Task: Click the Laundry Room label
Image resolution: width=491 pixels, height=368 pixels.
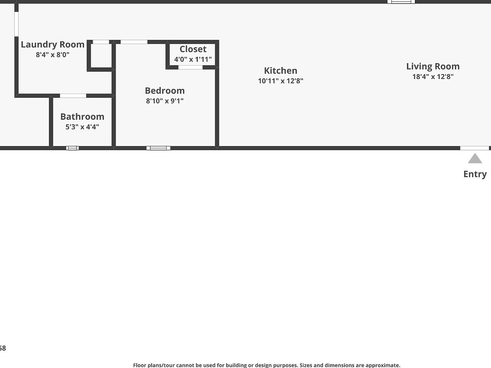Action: pyautogui.click(x=52, y=44)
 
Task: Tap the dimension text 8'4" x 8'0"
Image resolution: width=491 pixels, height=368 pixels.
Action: pyautogui.click(x=52, y=55)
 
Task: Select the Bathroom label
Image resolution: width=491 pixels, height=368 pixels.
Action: pyautogui.click(x=82, y=117)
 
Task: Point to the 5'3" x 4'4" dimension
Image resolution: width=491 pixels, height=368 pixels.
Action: pyautogui.click(x=82, y=127)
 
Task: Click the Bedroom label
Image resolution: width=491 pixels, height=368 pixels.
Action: pyautogui.click(x=165, y=91)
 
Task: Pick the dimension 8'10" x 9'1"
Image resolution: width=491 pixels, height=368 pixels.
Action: pyautogui.click(x=165, y=101)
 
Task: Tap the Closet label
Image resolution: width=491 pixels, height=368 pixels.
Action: pyautogui.click(x=193, y=49)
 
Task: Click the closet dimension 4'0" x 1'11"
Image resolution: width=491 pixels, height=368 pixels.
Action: pyautogui.click(x=193, y=59)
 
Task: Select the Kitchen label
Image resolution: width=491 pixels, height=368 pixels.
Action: pyautogui.click(x=280, y=71)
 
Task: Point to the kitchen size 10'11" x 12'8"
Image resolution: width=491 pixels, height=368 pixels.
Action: pyautogui.click(x=280, y=81)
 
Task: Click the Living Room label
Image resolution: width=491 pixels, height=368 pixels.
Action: pyautogui.click(x=433, y=66)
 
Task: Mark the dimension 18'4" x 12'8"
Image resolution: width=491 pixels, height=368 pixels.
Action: pyautogui.click(x=433, y=77)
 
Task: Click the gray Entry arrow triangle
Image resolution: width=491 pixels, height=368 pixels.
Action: pyautogui.click(x=475, y=159)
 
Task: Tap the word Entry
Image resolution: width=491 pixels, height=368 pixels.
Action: pyautogui.click(x=475, y=174)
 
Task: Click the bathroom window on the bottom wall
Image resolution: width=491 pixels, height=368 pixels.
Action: pyautogui.click(x=72, y=148)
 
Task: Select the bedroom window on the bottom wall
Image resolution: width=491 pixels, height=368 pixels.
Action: pyautogui.click(x=158, y=148)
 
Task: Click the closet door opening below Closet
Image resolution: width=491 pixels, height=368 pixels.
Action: pyautogui.click(x=190, y=67)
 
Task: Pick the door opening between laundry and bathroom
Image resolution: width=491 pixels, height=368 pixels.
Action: pyautogui.click(x=73, y=96)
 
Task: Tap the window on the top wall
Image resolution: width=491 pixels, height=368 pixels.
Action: pyautogui.click(x=401, y=2)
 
